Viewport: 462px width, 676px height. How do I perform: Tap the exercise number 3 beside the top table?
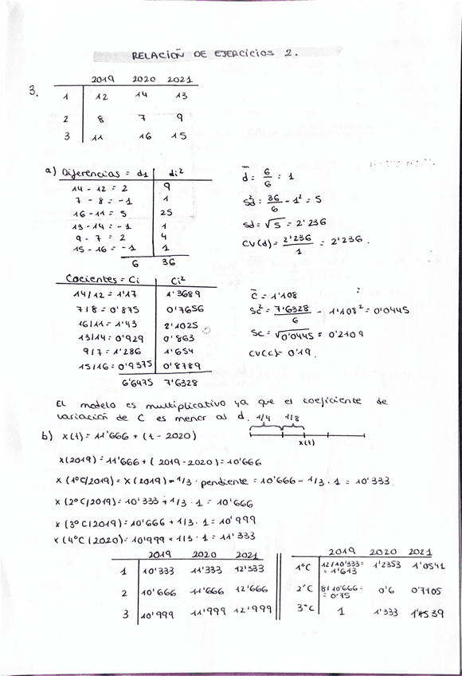click(x=33, y=90)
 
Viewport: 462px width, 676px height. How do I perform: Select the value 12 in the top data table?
click(x=101, y=96)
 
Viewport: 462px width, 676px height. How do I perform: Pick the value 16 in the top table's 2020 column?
click(x=144, y=136)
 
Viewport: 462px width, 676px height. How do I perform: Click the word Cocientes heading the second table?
click(x=88, y=280)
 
